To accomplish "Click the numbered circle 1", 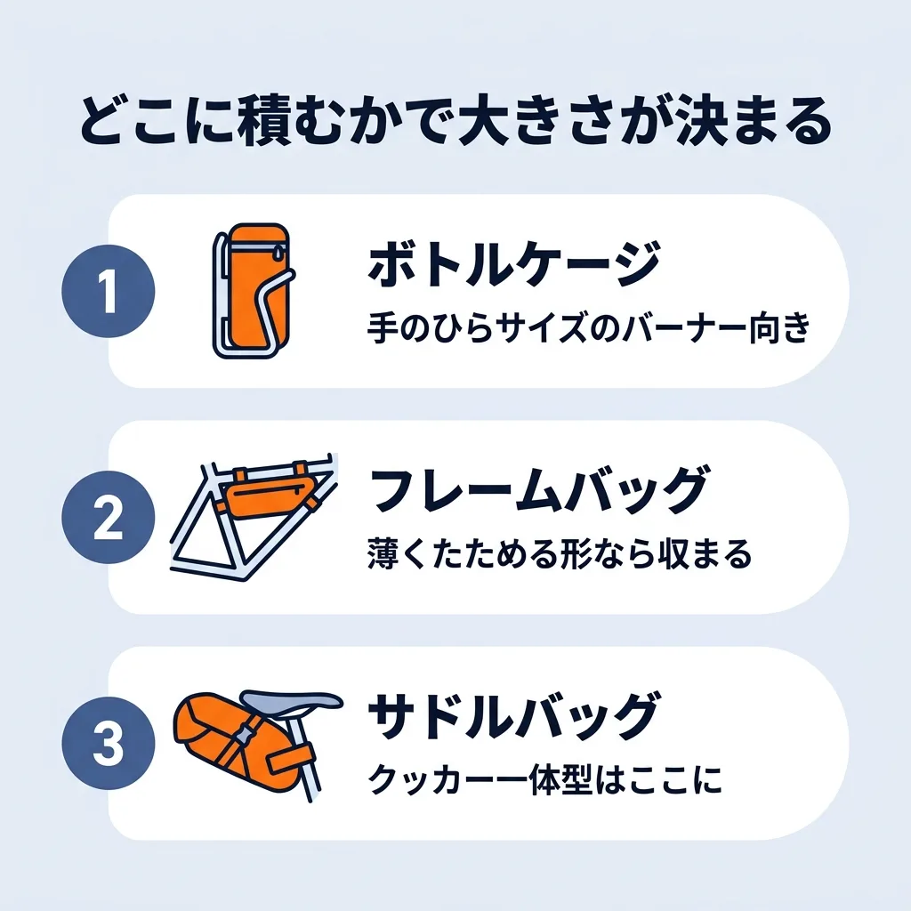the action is coord(108,291).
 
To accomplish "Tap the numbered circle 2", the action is coord(108,517).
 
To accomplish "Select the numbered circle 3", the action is coord(108,743).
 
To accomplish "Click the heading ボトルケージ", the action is coord(515,264).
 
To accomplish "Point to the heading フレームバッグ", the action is coord(538,491).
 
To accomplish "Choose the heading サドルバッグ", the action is coord(514,716).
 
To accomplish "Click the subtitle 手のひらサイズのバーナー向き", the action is coord(589,328).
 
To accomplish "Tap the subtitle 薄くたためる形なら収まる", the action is coord(560,553).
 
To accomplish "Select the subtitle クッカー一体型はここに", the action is coord(545,779).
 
